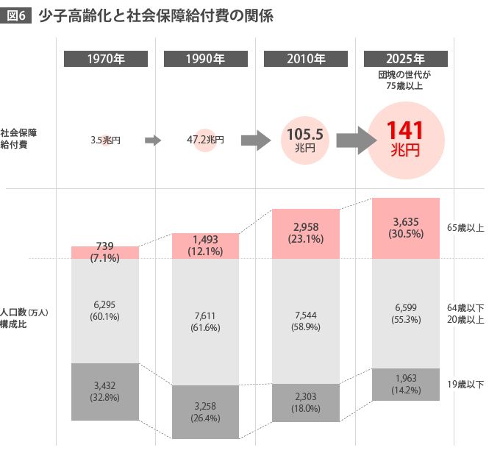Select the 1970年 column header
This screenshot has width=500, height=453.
coord(105,60)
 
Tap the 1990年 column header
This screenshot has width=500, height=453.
coord(206,60)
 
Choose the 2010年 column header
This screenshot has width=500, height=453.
coord(306,60)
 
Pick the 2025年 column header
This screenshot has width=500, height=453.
coord(406,60)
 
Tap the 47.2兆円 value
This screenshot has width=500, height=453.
coord(205,140)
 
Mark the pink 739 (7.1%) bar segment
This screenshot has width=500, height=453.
coord(105,252)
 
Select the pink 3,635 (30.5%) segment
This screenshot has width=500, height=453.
coord(406,228)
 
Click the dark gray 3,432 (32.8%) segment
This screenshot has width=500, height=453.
coord(105,391)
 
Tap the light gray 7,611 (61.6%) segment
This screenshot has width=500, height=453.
coord(206,322)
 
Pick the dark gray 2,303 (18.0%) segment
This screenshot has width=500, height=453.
coord(306,402)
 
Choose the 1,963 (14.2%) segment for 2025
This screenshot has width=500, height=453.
coord(406,384)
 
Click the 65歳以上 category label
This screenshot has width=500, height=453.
coord(465,229)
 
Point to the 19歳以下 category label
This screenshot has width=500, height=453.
coord(465,385)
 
